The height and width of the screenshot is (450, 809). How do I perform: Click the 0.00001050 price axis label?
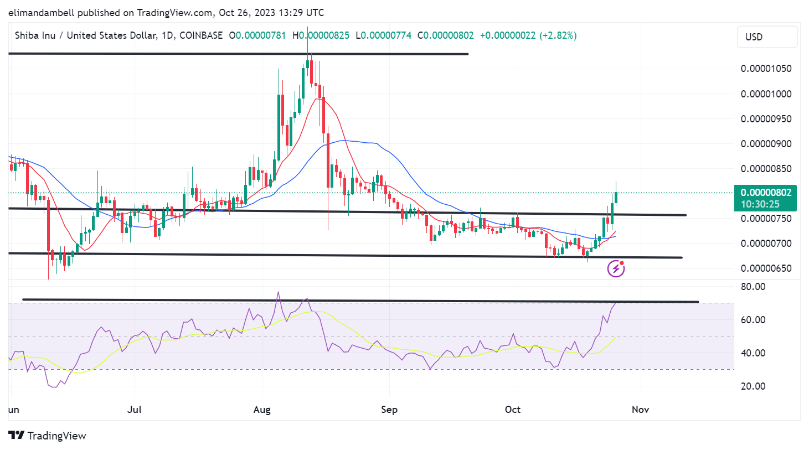(766, 69)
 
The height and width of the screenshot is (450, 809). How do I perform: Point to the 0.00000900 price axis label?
(766, 144)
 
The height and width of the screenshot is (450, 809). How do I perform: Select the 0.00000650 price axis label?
(766, 268)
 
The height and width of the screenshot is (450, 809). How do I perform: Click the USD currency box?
(767, 37)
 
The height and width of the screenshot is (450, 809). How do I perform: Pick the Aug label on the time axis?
(262, 410)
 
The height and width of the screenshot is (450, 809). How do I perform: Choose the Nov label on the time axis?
(640, 410)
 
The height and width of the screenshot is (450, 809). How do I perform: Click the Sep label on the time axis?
(389, 410)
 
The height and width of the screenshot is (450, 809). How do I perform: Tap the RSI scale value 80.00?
(753, 287)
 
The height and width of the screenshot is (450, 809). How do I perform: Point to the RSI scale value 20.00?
(753, 386)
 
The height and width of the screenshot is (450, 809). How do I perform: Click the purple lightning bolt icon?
(616, 269)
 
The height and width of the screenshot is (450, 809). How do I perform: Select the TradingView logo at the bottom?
(48, 436)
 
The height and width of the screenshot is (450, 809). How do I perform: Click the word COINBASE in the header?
(201, 35)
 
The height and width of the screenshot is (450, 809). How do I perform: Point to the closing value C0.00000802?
(446, 35)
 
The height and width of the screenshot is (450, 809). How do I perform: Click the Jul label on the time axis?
(135, 410)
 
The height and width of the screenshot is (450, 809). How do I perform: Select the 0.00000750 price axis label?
(766, 219)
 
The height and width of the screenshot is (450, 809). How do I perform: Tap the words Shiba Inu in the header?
(35, 35)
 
